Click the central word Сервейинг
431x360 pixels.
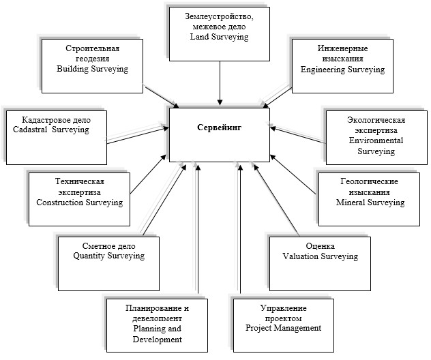coord(220,127)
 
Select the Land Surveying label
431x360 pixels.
coord(220,37)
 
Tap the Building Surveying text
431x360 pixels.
coord(92,69)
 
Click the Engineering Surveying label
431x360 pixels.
coord(342,70)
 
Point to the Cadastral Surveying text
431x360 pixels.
coord(51,130)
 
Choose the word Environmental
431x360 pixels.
coord(376,140)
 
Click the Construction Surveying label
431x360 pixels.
coord(79,202)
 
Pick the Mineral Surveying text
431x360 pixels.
coord(370,202)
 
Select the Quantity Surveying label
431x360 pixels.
coord(109,256)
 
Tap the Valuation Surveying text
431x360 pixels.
coord(321,256)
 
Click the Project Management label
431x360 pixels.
coord(284,328)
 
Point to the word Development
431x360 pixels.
coord(158,340)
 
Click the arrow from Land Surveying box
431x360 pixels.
coord(220,83)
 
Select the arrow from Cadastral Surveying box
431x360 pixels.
coord(138,135)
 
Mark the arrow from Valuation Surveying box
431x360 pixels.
coord(276,200)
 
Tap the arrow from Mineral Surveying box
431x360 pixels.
coord(293,175)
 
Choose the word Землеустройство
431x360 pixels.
coord(219,16)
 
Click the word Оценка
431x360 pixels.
coord(321,246)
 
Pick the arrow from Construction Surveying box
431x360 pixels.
coord(149,174)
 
